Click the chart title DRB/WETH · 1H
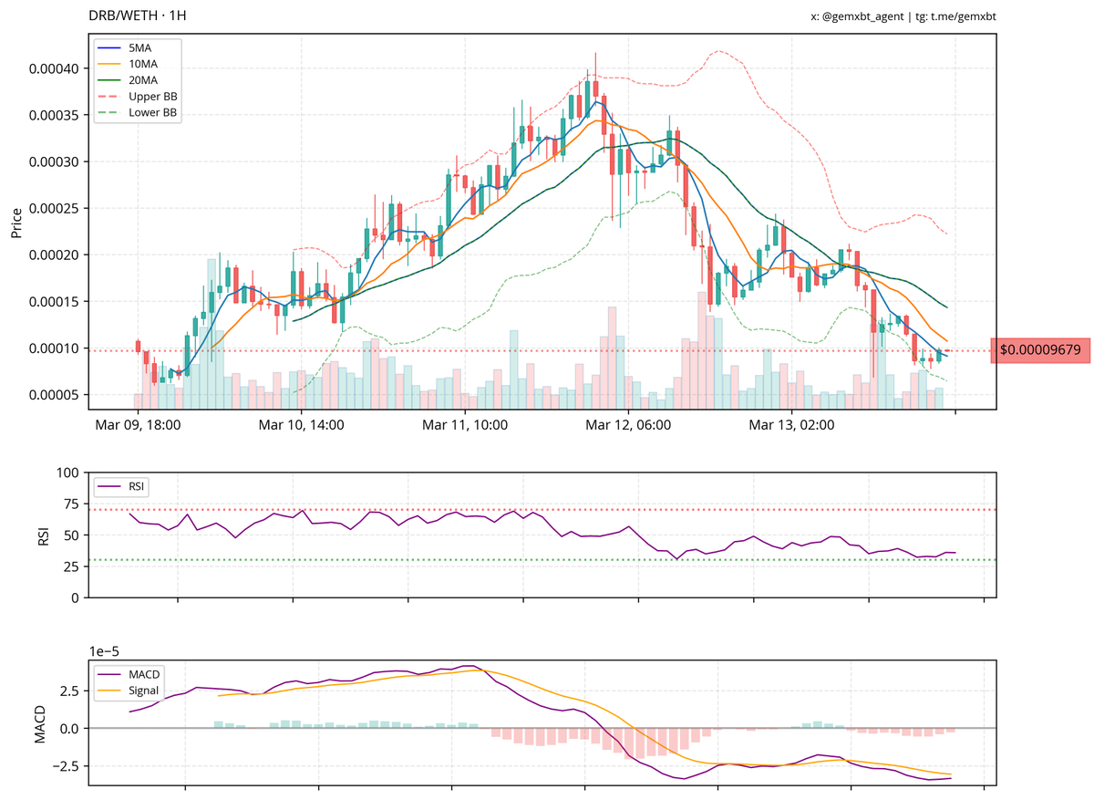click(138, 16)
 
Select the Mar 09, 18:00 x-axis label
click(137, 425)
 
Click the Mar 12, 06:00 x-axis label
click(628, 425)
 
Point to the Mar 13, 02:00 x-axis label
click(791, 425)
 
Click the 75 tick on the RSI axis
click(69, 504)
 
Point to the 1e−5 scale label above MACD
click(107, 651)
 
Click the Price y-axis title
click(16, 222)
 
